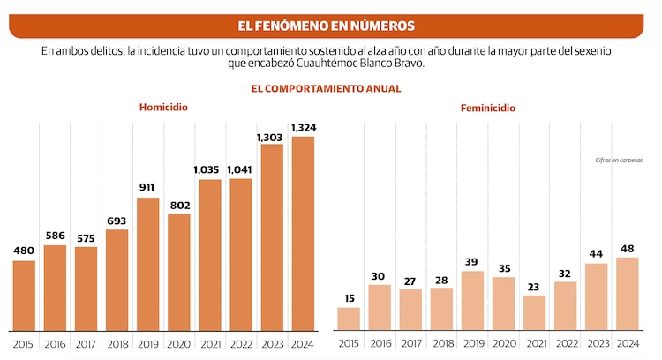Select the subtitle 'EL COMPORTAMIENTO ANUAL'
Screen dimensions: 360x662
coord(326,88)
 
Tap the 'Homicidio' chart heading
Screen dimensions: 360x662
coord(163,107)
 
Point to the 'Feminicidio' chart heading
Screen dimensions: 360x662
coord(488,108)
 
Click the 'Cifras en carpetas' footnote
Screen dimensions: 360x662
coord(619,160)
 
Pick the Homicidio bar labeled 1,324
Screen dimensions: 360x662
coord(302,233)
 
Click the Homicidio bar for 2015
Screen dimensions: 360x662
coord(24,295)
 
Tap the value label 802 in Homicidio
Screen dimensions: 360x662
coord(178,205)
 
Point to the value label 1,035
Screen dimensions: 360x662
coord(209,169)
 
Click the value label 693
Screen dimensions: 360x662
coord(117,221)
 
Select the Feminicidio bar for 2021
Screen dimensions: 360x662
coord(534,312)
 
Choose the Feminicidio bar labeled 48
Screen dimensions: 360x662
coord(627,293)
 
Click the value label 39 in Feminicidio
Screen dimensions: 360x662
coord(472,262)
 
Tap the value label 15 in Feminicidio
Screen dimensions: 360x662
coord(349,298)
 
